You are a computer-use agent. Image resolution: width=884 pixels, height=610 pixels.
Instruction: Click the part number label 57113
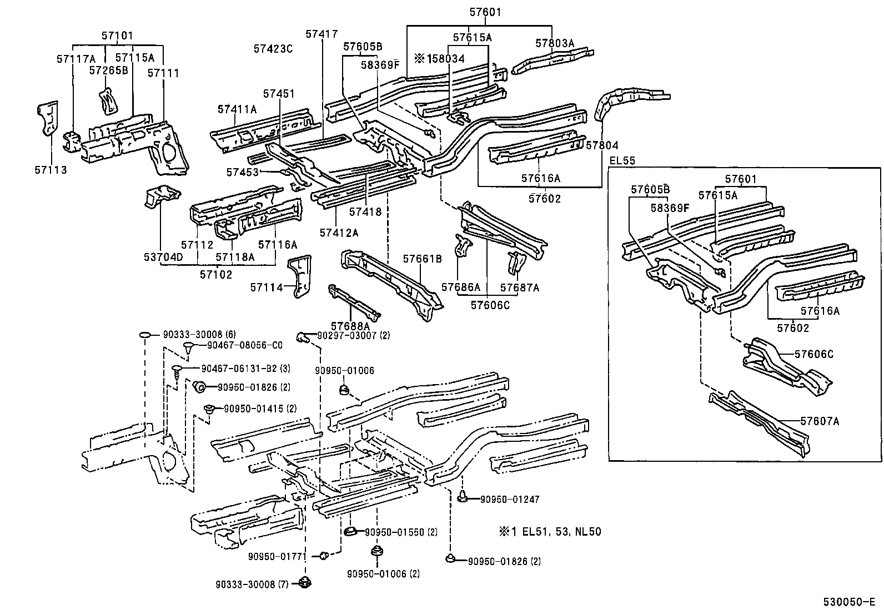(51, 170)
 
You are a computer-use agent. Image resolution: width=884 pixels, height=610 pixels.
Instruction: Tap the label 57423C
(273, 49)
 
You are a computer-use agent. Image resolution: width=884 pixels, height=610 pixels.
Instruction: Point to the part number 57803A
(554, 43)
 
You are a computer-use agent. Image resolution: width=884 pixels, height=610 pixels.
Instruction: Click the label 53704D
(163, 257)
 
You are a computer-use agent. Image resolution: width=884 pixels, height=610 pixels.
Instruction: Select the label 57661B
(422, 259)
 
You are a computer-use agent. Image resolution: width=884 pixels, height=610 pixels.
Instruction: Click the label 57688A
(350, 325)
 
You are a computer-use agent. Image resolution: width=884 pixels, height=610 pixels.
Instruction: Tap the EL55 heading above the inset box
(622, 161)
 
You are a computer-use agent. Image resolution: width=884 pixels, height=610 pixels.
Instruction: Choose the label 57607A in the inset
(820, 421)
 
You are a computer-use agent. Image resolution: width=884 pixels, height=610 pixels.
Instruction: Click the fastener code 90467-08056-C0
(245, 345)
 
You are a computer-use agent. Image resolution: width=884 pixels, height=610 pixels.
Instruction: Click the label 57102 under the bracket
(216, 274)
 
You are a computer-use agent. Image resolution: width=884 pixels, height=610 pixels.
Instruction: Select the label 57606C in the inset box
(813, 354)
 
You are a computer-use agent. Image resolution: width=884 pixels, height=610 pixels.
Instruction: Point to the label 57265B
(109, 70)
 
